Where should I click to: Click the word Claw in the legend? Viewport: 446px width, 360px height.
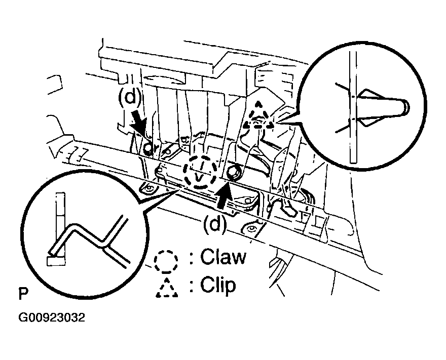click(224, 257)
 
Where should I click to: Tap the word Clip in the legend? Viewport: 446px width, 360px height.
click(218, 285)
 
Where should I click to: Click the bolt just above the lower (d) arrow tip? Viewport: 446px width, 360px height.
click(235, 173)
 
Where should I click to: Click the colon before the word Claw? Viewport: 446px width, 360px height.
click(192, 258)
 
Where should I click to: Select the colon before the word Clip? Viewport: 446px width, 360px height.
click(192, 286)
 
